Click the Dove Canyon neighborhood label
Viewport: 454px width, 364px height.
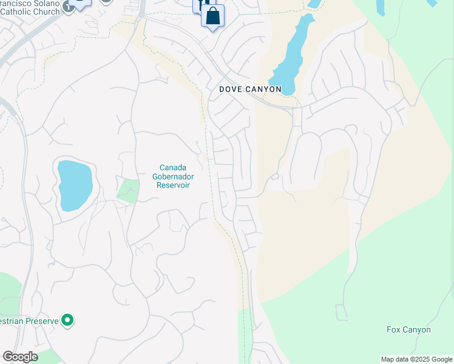(x=250, y=89)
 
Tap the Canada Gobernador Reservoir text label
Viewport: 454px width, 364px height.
(x=173, y=176)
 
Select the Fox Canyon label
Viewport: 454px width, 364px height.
(x=408, y=330)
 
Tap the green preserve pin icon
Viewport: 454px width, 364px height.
(x=67, y=320)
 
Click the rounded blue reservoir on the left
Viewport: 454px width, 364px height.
(x=75, y=185)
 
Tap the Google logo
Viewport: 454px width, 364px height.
(x=20, y=357)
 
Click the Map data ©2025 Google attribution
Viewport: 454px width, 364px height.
(x=416, y=359)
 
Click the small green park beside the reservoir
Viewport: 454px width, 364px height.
(x=128, y=190)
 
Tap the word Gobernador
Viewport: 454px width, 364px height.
(x=173, y=176)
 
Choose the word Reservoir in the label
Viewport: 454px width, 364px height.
(x=173, y=185)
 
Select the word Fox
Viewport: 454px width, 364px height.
(x=394, y=330)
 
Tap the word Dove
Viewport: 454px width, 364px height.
(x=231, y=89)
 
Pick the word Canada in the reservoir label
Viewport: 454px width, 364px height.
(x=173, y=167)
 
